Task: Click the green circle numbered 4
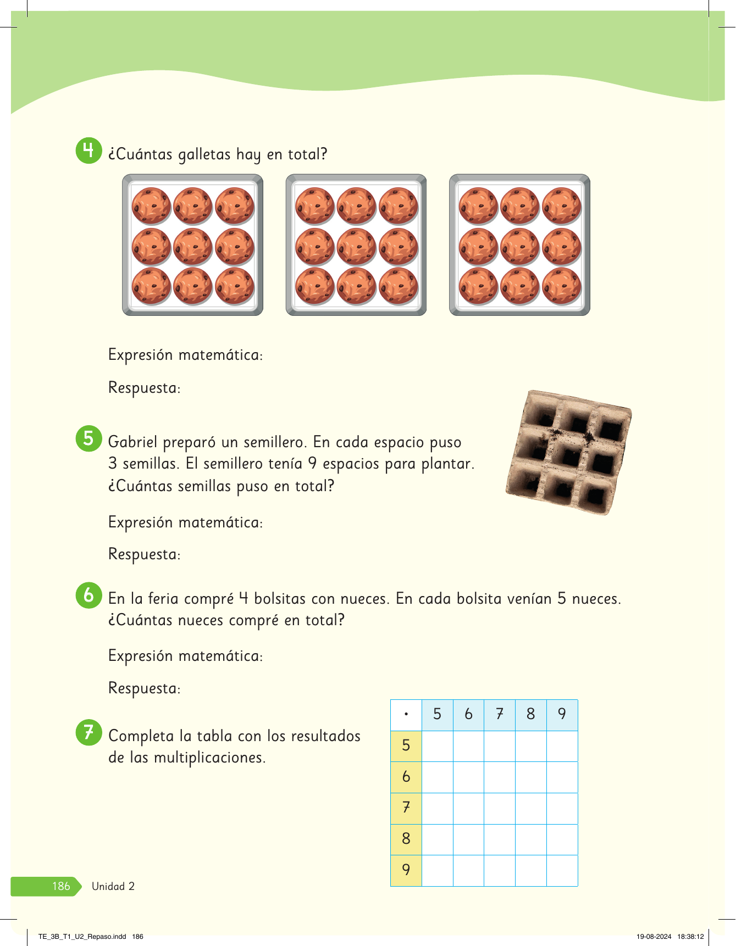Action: [88, 150]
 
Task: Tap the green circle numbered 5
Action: [88, 438]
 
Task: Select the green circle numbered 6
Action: [88, 595]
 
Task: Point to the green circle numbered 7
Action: [88, 732]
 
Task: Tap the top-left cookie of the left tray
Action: [151, 206]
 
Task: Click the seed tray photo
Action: [568, 452]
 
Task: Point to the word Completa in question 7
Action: [141, 736]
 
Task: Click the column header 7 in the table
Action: [499, 714]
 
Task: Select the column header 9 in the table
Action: [562, 714]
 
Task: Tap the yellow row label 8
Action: [406, 839]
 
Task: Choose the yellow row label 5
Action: [406, 745]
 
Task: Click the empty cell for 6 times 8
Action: [530, 777]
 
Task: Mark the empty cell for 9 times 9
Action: [562, 870]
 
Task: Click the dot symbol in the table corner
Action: [406, 715]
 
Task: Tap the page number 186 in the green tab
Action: [61, 886]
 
